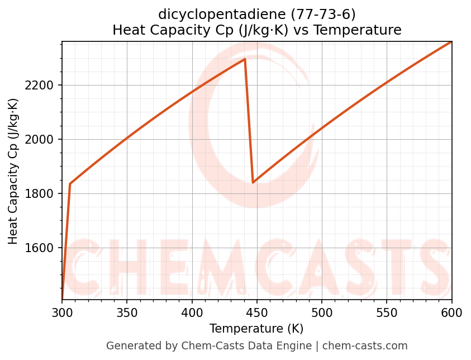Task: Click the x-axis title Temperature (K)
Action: click(x=256, y=329)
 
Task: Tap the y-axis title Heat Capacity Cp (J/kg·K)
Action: click(x=13, y=171)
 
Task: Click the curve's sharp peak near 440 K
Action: click(x=245, y=59)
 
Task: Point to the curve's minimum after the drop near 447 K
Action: click(x=253, y=182)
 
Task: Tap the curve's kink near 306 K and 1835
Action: click(x=70, y=183)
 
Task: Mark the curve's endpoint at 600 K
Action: click(x=451, y=42)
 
